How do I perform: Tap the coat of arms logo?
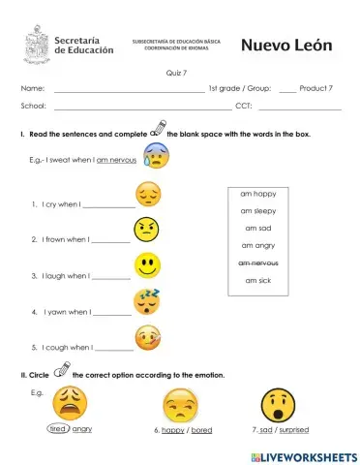(x=36, y=45)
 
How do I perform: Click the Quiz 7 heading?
(x=177, y=73)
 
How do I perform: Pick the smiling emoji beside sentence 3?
(x=146, y=263)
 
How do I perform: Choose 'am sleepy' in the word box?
(x=258, y=210)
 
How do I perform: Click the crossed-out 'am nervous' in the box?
(x=258, y=263)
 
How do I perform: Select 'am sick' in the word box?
(x=258, y=280)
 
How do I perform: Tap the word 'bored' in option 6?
(x=201, y=429)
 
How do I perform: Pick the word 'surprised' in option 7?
(x=293, y=428)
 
